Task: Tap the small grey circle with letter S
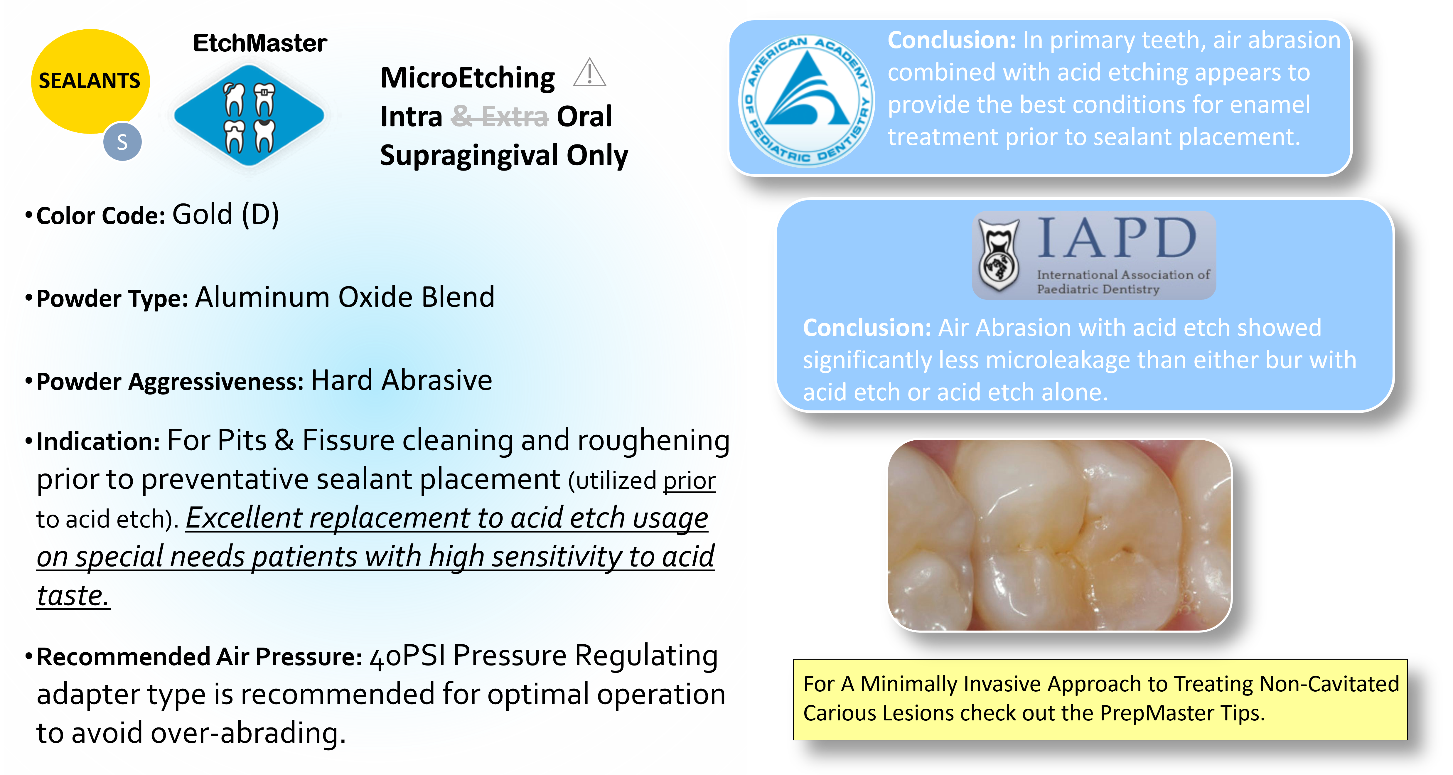click(122, 141)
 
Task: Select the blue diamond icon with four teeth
click(249, 116)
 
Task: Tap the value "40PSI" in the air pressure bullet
click(407, 657)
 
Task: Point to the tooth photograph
click(1059, 535)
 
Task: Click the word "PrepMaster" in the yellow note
click(1156, 713)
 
